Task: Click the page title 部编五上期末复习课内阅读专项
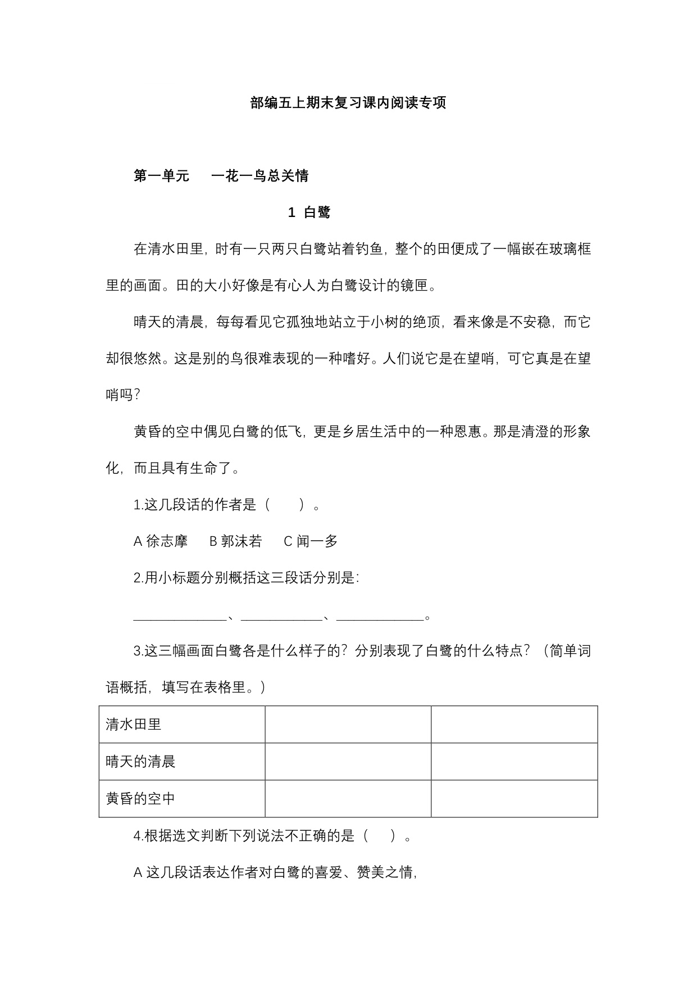click(x=348, y=103)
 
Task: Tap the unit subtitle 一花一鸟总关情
click(x=260, y=176)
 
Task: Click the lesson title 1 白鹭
click(x=309, y=212)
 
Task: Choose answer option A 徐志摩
click(x=161, y=541)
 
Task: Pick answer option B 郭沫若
click(x=236, y=541)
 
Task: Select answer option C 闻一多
click(x=311, y=541)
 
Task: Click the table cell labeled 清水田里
click(x=134, y=724)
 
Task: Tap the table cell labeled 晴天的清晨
click(x=140, y=762)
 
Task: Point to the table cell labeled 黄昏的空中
click(x=140, y=799)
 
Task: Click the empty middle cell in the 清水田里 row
click(x=348, y=724)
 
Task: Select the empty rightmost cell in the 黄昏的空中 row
click(x=514, y=799)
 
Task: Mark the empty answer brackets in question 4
click(x=384, y=836)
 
